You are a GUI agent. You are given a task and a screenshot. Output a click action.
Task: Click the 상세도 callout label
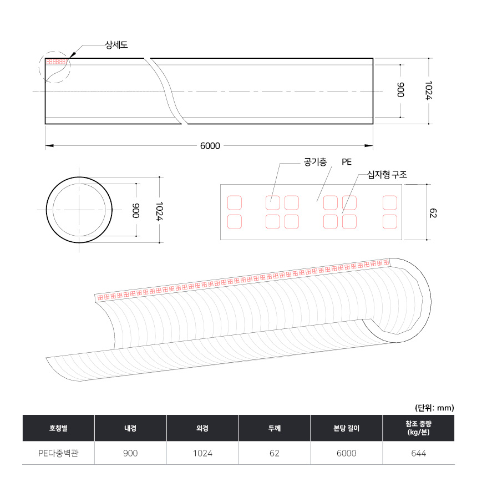point(116,45)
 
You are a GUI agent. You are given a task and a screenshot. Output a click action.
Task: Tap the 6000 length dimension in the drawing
point(210,146)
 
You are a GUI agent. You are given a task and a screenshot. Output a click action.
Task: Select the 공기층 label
point(315,162)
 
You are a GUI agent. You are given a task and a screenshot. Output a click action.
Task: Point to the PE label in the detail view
point(347,162)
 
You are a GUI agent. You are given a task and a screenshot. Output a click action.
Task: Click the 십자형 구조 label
point(387,175)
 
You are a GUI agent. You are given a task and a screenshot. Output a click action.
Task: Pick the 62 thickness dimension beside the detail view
point(433,212)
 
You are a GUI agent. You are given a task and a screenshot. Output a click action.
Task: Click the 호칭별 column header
point(58,428)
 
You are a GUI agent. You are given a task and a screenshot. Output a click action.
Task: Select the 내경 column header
point(130,428)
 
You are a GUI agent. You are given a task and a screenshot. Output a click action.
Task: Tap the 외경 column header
point(202,428)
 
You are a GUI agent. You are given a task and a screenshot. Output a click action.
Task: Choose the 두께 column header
point(275,428)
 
